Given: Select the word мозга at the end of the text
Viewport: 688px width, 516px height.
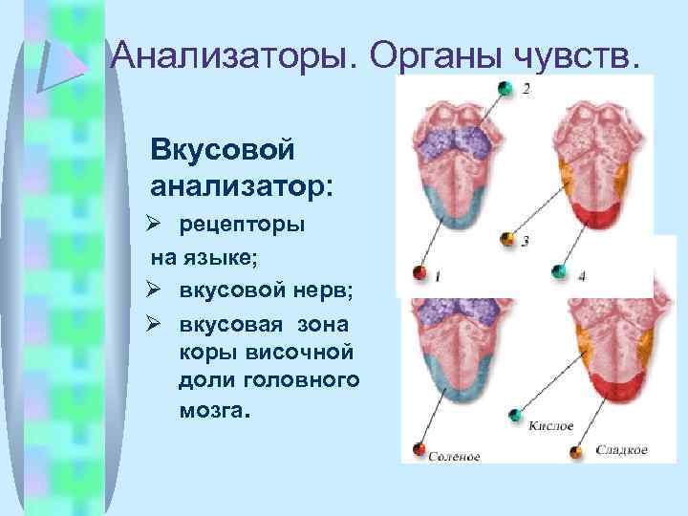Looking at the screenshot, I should pos(213,412).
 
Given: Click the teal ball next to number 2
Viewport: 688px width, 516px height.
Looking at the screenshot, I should pos(503,89).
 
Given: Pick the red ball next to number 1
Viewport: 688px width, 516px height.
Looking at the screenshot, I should pos(419,274).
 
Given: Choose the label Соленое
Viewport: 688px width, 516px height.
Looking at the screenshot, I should pos(454,457).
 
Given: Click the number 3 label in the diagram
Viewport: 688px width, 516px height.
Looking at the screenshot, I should pos(526,241).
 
